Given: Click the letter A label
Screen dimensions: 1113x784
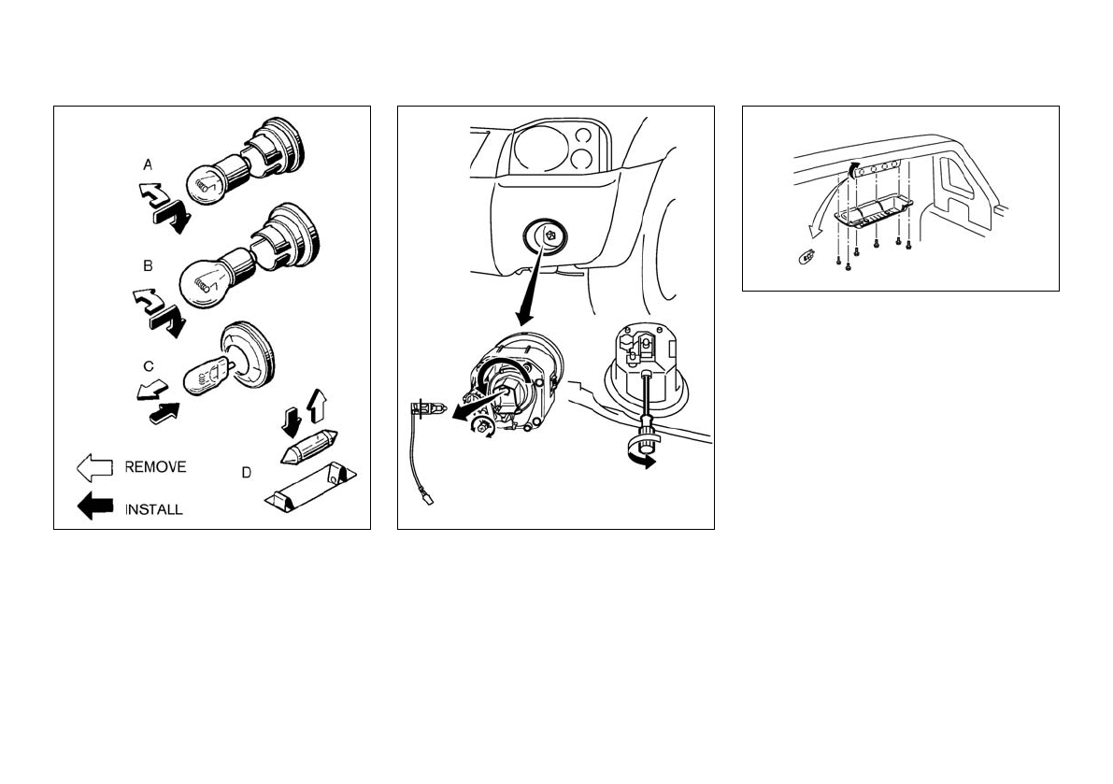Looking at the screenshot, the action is click(x=148, y=164).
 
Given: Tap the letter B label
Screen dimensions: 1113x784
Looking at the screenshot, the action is click(x=148, y=266).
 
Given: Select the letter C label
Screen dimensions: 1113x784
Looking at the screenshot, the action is click(x=149, y=367).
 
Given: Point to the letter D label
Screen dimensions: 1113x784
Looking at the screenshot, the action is click(x=247, y=473).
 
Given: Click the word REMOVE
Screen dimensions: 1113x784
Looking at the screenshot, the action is click(x=155, y=467).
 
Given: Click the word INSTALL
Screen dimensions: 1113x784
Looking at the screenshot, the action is click(x=153, y=509).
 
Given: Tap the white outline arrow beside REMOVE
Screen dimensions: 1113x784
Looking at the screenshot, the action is click(x=94, y=467).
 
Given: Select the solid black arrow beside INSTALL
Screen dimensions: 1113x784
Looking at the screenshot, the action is click(x=94, y=506).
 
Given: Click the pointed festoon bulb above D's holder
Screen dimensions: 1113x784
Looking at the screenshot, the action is click(x=308, y=447).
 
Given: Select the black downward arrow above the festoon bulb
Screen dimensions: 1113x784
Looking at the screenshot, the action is click(x=291, y=422).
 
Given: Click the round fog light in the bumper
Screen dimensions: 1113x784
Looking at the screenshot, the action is click(x=546, y=237).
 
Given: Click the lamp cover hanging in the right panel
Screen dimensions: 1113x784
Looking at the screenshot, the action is click(x=872, y=213).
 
